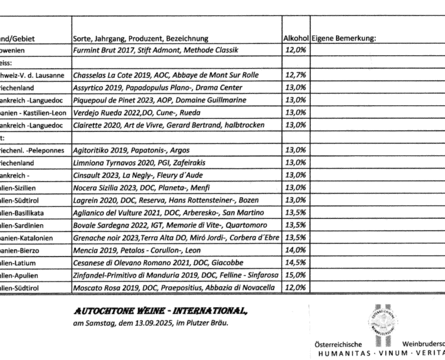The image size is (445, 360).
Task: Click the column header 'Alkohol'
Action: [295, 38]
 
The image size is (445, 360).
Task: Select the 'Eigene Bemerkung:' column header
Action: [343, 38]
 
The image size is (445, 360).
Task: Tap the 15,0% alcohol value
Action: [295, 275]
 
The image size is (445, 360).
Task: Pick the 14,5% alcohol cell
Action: [295, 263]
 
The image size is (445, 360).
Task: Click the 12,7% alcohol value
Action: [295, 75]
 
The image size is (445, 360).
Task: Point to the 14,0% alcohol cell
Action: [295, 250]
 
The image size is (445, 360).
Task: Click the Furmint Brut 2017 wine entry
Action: [156, 50]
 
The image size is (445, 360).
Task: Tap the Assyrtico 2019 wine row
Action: [152, 87]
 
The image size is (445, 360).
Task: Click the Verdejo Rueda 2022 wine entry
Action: [144, 113]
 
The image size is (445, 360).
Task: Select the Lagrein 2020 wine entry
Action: [163, 200]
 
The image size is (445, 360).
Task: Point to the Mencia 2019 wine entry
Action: [137, 250]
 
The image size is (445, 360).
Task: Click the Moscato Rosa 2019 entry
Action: [174, 288]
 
